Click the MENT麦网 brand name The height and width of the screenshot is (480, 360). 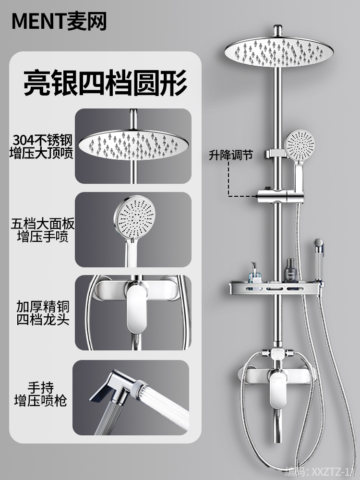pyautogui.click(x=59, y=22)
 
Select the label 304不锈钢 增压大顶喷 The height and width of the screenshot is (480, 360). pyautogui.click(x=42, y=147)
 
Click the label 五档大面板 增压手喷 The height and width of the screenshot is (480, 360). pyautogui.click(x=42, y=230)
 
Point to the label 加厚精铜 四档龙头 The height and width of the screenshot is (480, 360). pyautogui.click(x=42, y=313)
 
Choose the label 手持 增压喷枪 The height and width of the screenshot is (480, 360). pyautogui.click(x=42, y=395)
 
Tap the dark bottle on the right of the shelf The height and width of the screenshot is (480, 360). pyautogui.click(x=290, y=270)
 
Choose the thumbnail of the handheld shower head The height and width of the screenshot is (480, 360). pyautogui.click(x=133, y=229)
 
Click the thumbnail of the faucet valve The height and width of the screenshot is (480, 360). pyautogui.click(x=133, y=312)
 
